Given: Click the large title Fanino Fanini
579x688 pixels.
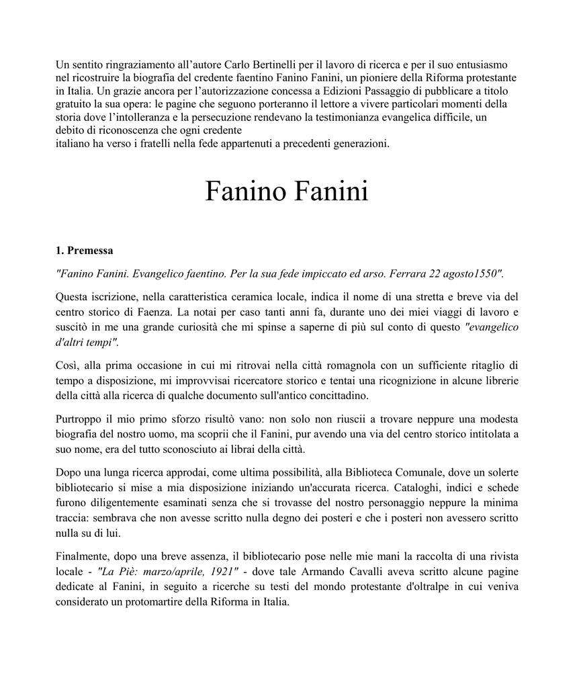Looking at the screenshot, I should pyautogui.click(x=287, y=192).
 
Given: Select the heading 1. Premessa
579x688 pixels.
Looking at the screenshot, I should pyautogui.click(x=84, y=251).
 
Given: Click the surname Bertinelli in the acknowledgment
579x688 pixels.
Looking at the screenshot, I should pyautogui.click(x=261, y=65).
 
